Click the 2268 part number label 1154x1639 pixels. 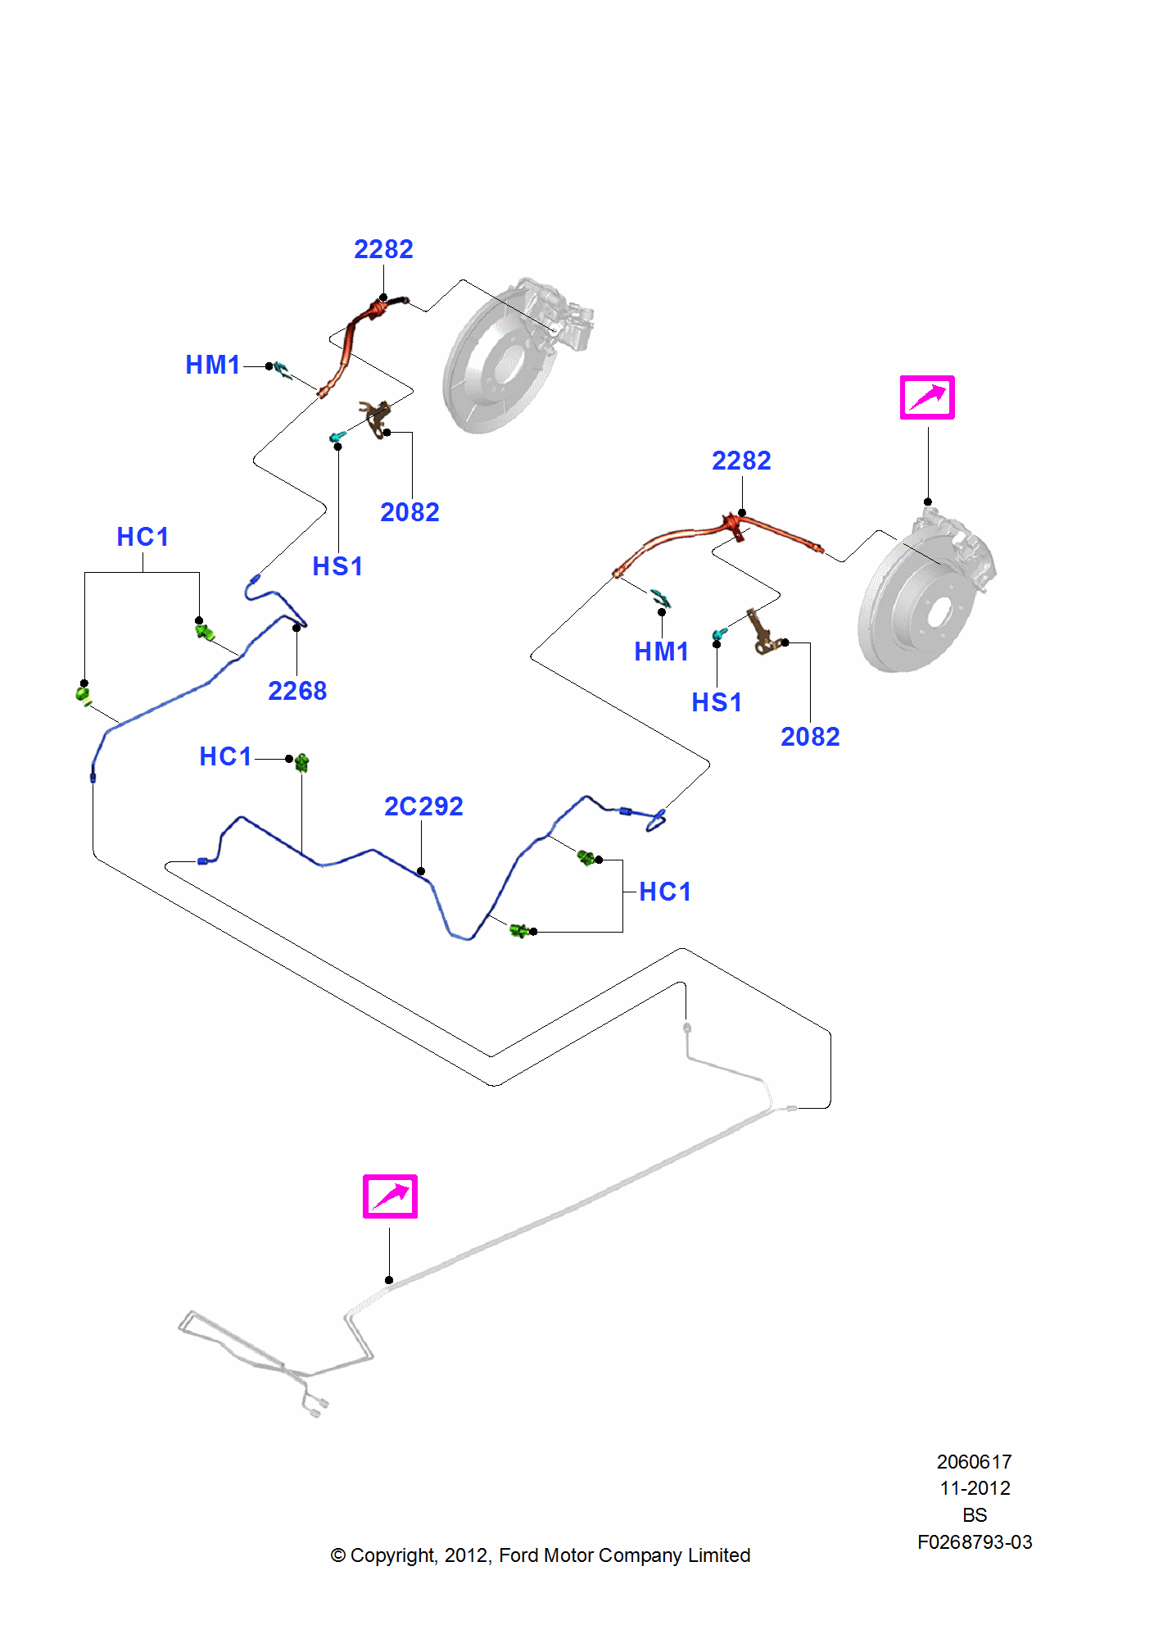click(x=297, y=691)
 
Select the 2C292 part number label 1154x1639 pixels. click(x=423, y=806)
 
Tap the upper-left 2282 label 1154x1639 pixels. click(x=383, y=249)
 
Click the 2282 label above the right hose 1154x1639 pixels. click(x=741, y=461)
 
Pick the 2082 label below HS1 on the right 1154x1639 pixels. click(x=810, y=737)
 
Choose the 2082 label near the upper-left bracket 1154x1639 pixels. click(x=410, y=512)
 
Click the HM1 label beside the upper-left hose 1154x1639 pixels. click(x=213, y=365)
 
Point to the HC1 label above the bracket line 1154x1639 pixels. click(x=143, y=537)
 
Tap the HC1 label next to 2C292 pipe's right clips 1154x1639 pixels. click(x=665, y=892)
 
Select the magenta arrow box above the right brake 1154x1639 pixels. click(x=927, y=397)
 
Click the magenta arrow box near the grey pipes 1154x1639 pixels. click(x=390, y=1196)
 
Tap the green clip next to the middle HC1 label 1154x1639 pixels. click(x=301, y=763)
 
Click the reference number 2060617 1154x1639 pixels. click(x=974, y=1461)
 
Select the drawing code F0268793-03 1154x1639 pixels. click(x=974, y=1542)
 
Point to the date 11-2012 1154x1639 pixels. click(x=974, y=1488)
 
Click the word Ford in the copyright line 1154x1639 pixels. click(x=518, y=1555)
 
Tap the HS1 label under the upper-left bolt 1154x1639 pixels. click(x=337, y=566)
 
